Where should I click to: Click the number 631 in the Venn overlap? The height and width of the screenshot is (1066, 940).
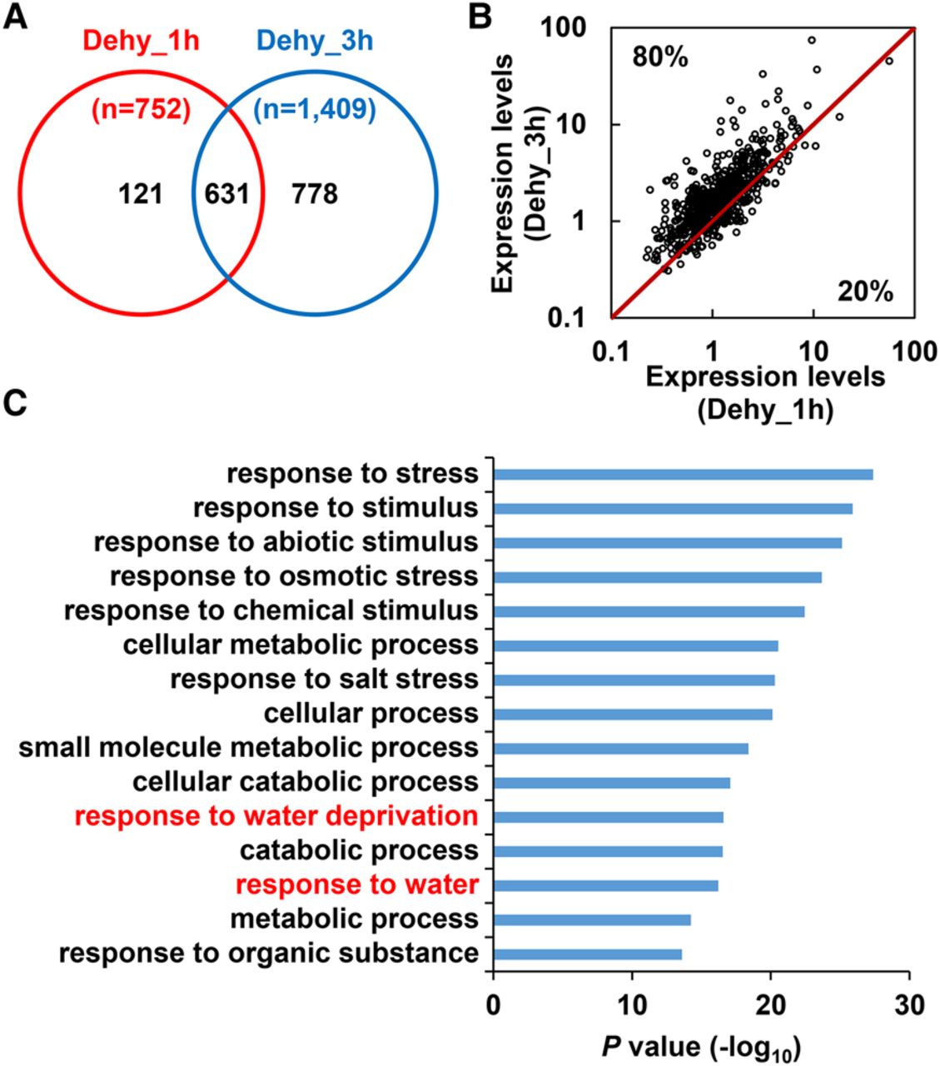point(227,195)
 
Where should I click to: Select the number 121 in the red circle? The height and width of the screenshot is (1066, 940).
point(140,195)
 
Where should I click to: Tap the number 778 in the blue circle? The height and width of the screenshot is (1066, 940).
point(315,195)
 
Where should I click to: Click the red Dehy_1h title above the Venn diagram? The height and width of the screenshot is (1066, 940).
point(141,39)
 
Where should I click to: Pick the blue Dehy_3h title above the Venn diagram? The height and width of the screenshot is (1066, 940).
point(315,39)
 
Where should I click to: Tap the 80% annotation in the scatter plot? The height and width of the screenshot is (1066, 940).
point(660,57)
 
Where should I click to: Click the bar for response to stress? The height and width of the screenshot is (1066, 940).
point(683,475)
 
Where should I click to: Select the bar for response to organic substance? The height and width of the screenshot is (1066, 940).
point(587,954)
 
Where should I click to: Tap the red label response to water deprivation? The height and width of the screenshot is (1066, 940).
point(276,816)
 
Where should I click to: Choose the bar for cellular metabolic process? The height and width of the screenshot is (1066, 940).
point(635,645)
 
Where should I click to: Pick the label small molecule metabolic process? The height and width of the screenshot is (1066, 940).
point(249,748)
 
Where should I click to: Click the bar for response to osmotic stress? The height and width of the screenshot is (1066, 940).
point(657,577)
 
